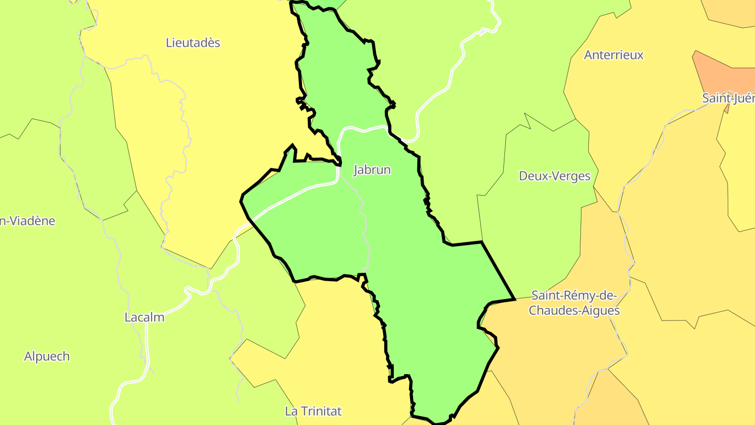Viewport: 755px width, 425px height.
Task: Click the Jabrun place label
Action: [372, 170]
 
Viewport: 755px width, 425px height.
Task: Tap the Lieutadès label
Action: [193, 42]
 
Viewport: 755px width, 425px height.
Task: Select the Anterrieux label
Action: [613, 55]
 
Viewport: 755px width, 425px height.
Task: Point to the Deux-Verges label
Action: [554, 176]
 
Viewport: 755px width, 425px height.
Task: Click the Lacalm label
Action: [144, 317]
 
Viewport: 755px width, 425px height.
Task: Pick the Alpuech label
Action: [47, 356]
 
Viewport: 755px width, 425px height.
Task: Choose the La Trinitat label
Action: [313, 411]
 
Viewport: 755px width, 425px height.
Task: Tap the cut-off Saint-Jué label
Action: [728, 98]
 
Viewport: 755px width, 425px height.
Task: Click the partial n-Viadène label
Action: [27, 221]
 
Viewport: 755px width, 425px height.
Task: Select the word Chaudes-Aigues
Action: [574, 311]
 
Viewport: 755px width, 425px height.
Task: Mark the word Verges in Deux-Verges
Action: [573, 176]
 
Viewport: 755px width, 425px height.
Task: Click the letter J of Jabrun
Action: [356, 170]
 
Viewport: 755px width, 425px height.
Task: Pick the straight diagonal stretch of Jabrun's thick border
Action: [498, 270]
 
